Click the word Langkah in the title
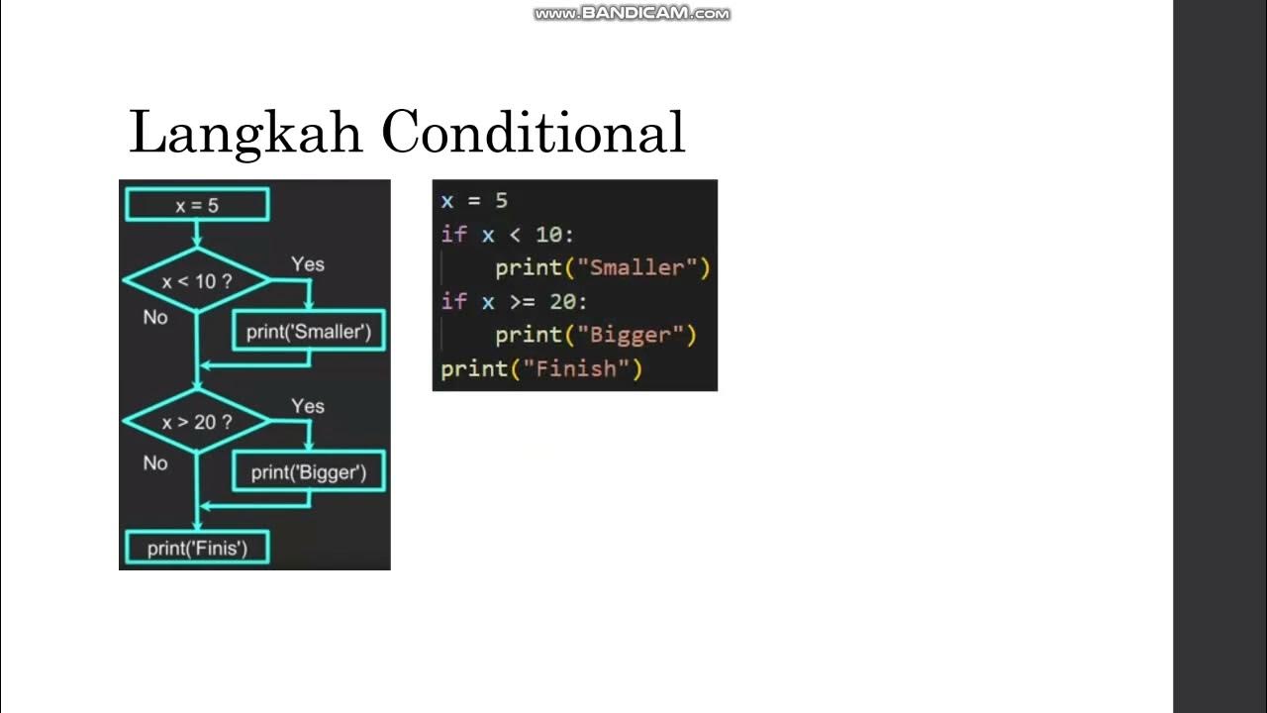pos(245,133)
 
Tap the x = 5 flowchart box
pos(197,205)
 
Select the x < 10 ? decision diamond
pos(197,281)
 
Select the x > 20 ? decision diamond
pos(197,422)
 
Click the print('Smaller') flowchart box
pos(309,332)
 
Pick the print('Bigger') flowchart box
pos(309,472)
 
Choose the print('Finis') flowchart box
pos(197,548)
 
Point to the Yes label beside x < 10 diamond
pos(308,264)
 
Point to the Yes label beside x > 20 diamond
pos(308,406)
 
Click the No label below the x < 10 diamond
pos(155,318)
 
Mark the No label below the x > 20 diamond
pos(155,462)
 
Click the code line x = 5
pos(474,201)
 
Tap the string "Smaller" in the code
pos(636,267)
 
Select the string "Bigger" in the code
pos(630,335)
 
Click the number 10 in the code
pos(550,235)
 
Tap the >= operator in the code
pos(521,302)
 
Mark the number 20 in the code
pos(564,302)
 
